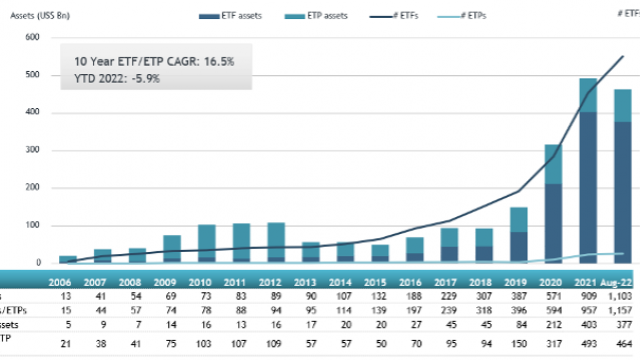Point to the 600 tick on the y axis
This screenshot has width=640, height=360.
33,37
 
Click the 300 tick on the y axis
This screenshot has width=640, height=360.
33,150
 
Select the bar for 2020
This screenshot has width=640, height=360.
552,204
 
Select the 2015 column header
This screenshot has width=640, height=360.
377,284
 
